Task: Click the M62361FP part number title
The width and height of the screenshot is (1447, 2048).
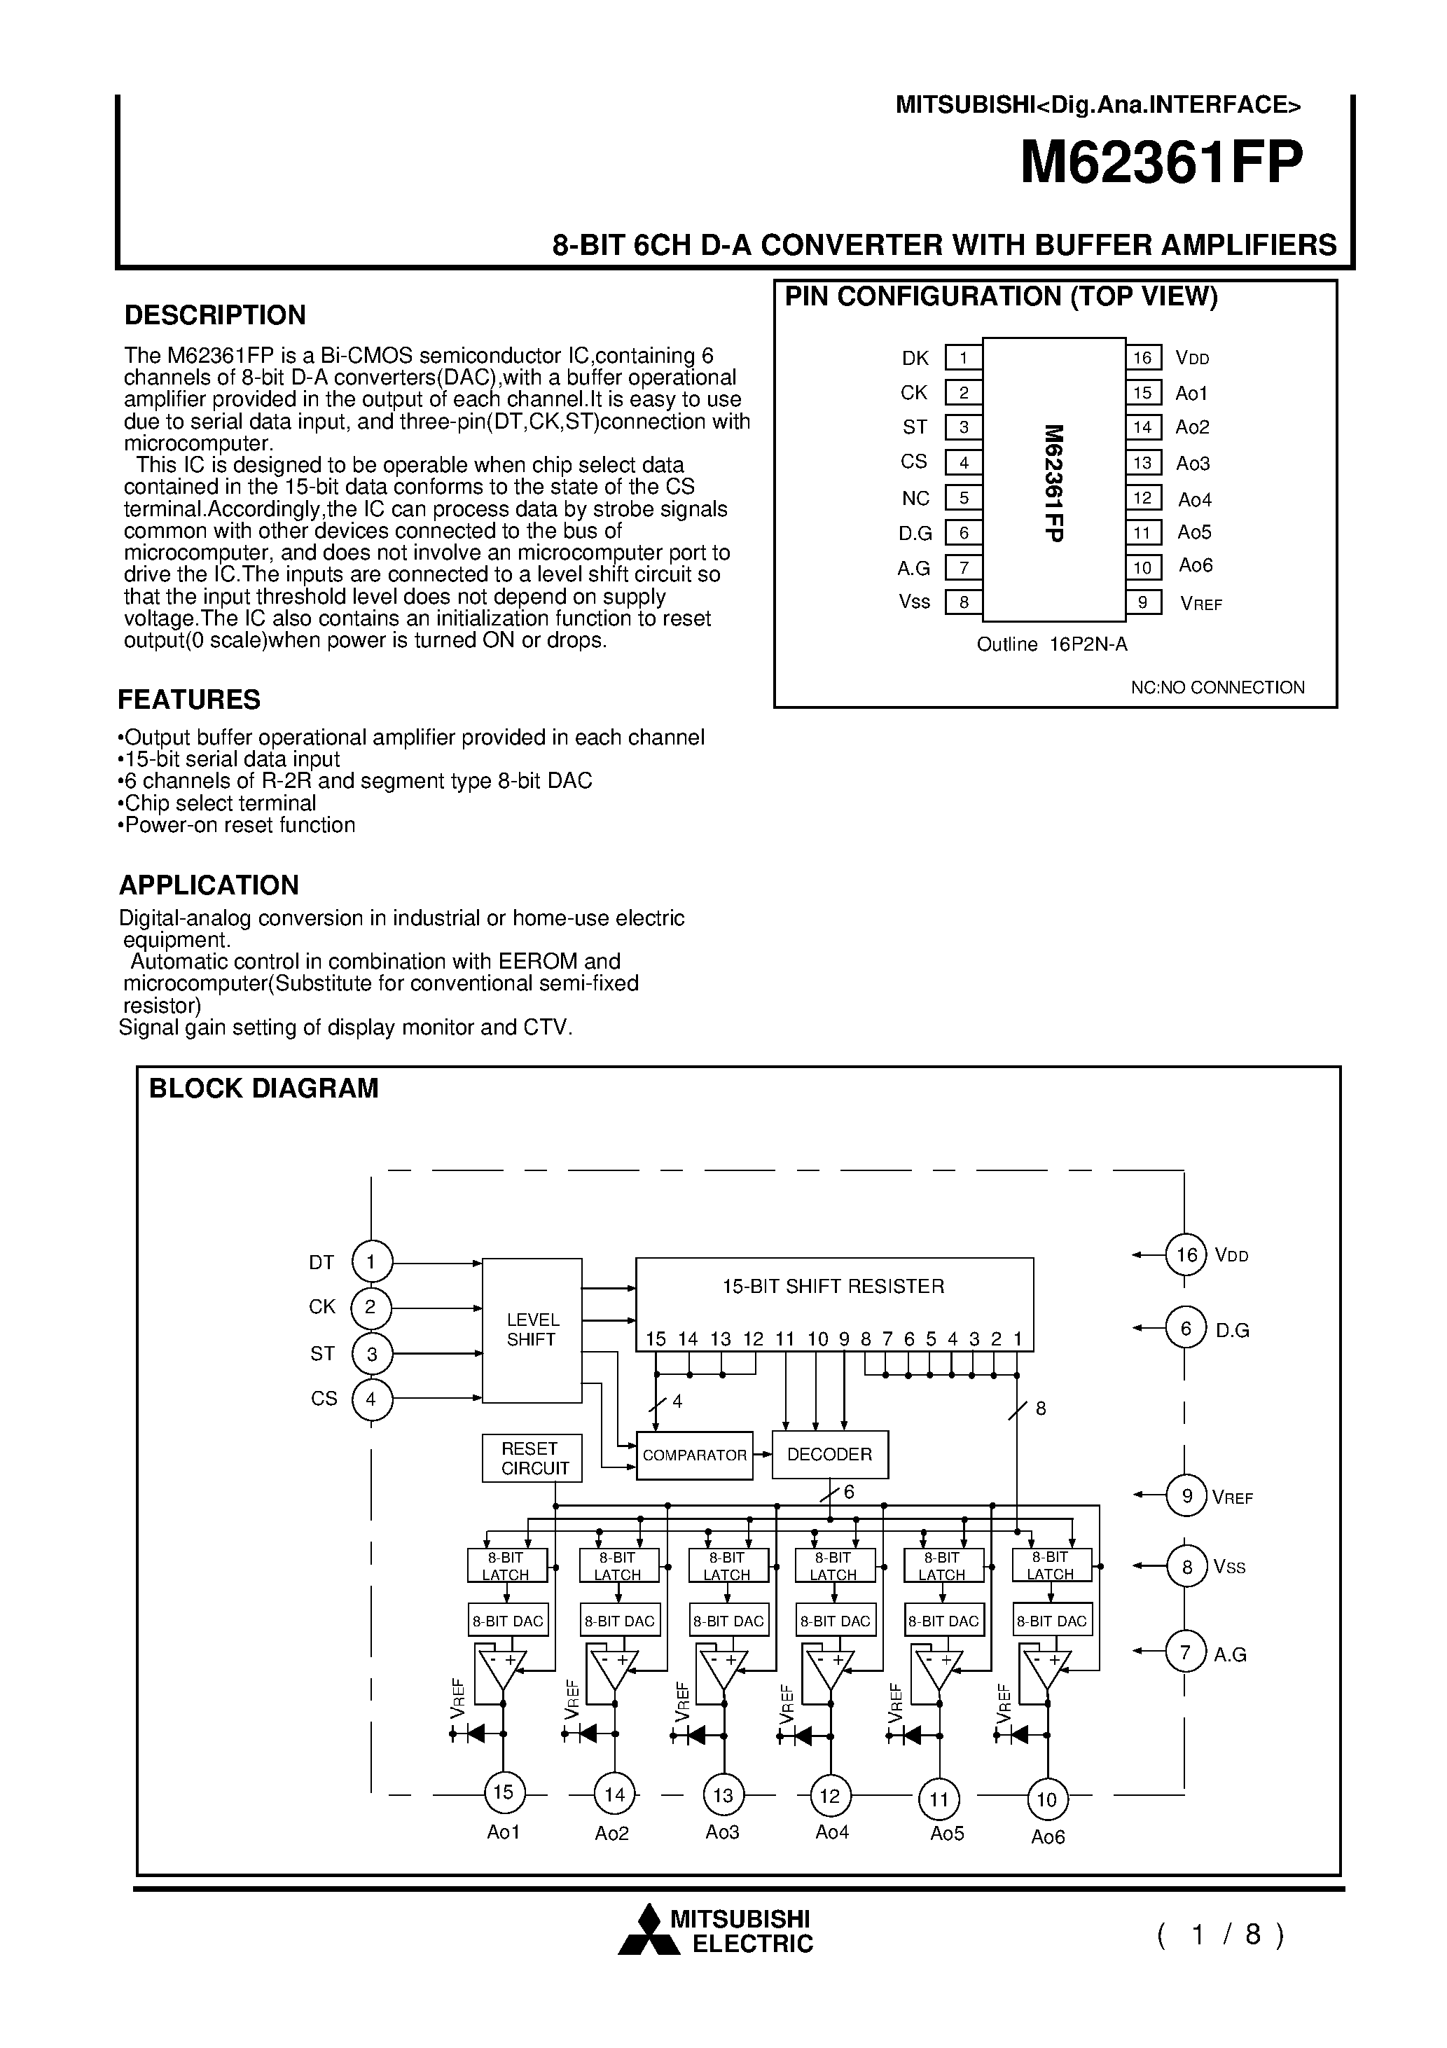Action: pos(1161,162)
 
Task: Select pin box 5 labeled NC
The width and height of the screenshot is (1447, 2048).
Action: pos(964,498)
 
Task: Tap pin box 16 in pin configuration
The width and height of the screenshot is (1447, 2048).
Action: pos(1143,358)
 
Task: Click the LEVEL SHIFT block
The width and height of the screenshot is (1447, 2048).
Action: pos(532,1330)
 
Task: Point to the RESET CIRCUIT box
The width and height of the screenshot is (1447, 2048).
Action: pos(532,1458)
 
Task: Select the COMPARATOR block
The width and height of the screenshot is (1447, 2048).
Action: pos(694,1455)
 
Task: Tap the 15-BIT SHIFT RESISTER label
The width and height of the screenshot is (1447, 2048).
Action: pos(833,1286)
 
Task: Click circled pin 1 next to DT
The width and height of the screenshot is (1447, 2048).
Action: pos(372,1262)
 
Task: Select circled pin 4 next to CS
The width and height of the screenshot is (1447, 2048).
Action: pos(372,1399)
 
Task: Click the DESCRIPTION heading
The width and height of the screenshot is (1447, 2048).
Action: pos(215,315)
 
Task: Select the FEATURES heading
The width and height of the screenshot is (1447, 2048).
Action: pos(189,699)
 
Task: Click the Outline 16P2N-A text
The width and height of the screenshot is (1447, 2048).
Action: pos(1052,644)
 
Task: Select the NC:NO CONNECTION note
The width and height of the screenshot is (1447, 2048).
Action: pos(1217,687)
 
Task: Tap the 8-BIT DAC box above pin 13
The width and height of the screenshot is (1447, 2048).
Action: pos(728,1621)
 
